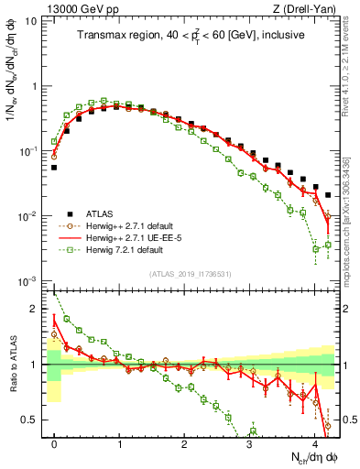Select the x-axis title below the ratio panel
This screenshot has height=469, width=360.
tap(310, 457)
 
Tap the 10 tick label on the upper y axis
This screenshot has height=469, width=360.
tap(30, 21)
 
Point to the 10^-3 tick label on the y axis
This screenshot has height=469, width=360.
tap(27, 280)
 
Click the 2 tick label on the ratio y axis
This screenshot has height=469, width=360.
tap(36, 309)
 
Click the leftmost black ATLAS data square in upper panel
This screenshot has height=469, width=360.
tap(54, 168)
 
